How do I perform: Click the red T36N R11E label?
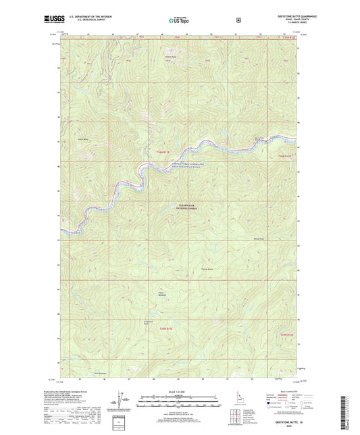[149, 153]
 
